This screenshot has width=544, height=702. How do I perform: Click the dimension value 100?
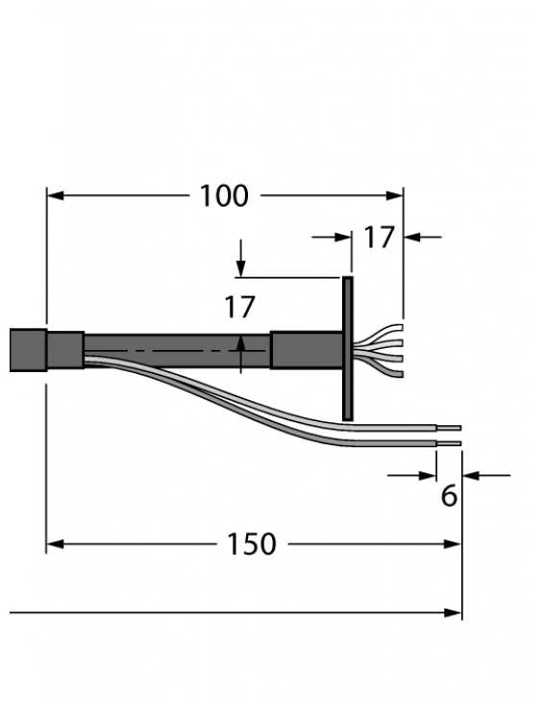[x=224, y=196]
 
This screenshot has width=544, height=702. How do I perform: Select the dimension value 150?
[x=252, y=544]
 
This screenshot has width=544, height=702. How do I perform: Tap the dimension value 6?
[x=448, y=496]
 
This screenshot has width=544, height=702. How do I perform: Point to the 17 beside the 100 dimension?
[x=379, y=237]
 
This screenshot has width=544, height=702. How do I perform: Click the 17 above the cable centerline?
[x=239, y=308]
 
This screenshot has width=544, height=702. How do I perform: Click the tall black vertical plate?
[x=348, y=347]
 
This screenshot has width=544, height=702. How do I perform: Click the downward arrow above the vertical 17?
[x=240, y=268]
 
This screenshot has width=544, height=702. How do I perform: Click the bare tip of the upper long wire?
[x=450, y=428]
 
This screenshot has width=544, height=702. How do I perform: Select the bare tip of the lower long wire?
[x=450, y=443]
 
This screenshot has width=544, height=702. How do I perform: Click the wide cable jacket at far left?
[x=28, y=350]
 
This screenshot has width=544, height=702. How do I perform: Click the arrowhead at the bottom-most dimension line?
[x=453, y=613]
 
